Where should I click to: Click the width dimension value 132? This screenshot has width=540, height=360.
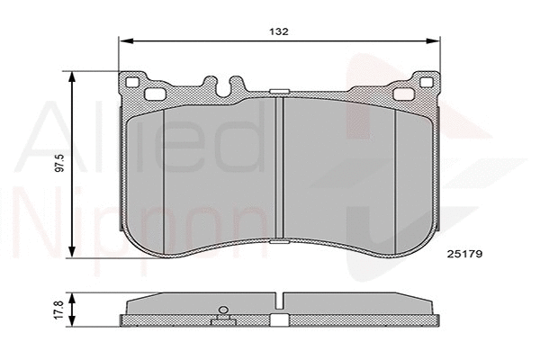point(279,31)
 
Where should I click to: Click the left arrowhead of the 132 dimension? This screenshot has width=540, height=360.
point(126,40)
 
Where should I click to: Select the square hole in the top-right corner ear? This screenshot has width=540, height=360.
point(425,84)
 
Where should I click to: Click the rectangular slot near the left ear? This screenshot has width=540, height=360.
point(154,94)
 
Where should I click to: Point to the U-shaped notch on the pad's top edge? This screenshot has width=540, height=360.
point(223,86)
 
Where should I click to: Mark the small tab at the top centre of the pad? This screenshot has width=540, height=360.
point(280,91)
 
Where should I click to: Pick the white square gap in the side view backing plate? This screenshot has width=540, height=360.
point(280,319)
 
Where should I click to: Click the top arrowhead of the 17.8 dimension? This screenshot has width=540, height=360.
point(73,298)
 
